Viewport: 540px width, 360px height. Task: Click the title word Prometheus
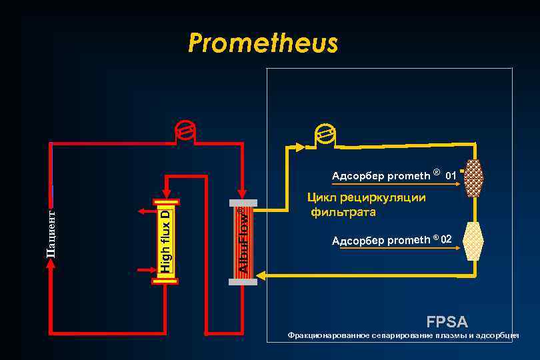click(x=263, y=43)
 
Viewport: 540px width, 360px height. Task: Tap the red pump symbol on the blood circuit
click(x=183, y=131)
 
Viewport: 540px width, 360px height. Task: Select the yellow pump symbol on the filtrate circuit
click(x=325, y=135)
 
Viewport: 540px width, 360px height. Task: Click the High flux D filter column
click(x=166, y=241)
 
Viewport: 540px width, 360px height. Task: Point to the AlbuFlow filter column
click(x=243, y=241)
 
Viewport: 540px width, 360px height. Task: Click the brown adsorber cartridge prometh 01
click(x=474, y=178)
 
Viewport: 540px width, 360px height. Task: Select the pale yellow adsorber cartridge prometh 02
click(x=474, y=241)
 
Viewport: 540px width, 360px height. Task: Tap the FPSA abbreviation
click(x=447, y=321)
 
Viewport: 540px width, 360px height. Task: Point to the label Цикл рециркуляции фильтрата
click(x=366, y=205)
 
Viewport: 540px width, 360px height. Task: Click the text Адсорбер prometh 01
click(x=393, y=176)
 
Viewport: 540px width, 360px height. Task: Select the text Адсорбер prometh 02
click(x=392, y=239)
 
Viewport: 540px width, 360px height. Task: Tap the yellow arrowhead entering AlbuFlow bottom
click(x=261, y=275)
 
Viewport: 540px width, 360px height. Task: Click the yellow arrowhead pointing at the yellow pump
click(x=302, y=147)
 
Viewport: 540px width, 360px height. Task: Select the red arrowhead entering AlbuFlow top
click(x=243, y=194)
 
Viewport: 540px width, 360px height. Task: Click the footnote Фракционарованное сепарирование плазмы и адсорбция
click(x=403, y=335)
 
